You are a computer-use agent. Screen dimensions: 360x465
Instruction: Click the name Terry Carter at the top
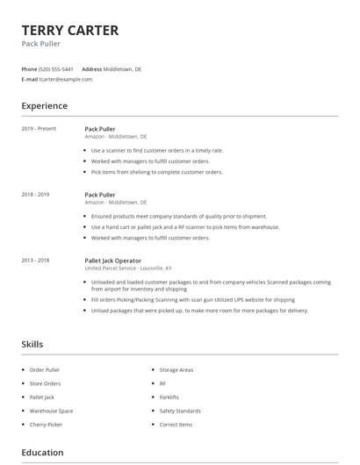[x=70, y=31]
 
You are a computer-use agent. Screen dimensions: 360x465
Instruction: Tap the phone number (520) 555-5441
[x=57, y=68]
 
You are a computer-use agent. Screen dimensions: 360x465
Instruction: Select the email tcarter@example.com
[x=66, y=79]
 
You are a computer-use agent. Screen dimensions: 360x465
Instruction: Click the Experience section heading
[x=44, y=106]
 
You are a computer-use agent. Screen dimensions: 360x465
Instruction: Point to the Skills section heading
[x=32, y=345]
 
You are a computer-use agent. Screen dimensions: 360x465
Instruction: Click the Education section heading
[x=42, y=453]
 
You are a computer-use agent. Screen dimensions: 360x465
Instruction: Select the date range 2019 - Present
[x=39, y=129]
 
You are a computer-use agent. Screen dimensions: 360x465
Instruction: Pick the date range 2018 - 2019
[x=35, y=195]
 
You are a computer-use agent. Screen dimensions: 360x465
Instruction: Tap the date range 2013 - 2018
[x=35, y=261]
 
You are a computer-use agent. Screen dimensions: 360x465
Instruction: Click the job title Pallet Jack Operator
[x=112, y=261]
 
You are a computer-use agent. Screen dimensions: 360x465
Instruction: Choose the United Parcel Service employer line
[x=128, y=268]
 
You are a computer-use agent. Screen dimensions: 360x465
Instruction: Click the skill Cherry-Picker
[x=46, y=425]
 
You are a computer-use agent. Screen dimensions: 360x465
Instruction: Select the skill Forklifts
[x=170, y=397]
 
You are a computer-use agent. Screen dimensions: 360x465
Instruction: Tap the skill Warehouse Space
[x=51, y=411]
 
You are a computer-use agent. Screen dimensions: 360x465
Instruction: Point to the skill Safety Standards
[x=180, y=411]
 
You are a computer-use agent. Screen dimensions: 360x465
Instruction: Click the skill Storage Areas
[x=176, y=370]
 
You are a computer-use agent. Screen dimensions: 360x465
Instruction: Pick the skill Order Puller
[x=45, y=370]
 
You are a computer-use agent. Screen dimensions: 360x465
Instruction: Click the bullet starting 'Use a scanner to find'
[x=157, y=150]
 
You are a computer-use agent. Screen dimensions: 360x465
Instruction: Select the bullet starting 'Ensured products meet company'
[x=179, y=216]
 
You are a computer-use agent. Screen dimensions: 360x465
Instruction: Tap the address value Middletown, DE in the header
[x=122, y=68]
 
